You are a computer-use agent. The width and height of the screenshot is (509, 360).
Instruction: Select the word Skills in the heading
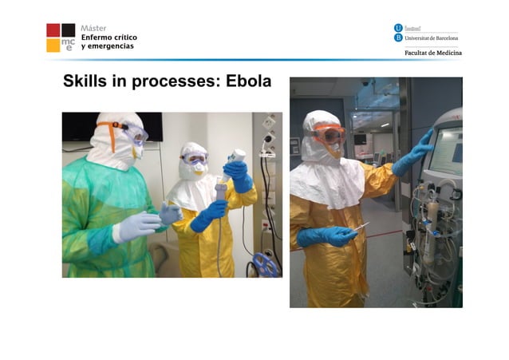tap(86, 82)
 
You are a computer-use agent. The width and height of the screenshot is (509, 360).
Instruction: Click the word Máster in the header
tap(93, 28)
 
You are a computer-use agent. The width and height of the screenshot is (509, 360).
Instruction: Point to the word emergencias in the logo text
tap(111, 46)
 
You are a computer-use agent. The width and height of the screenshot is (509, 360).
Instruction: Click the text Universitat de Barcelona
tap(432, 38)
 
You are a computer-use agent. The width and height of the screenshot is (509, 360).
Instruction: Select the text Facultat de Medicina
tap(431, 53)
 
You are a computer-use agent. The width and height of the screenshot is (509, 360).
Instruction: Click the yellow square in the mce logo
tap(53, 45)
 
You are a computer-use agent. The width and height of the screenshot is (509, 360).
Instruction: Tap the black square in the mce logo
tap(69, 30)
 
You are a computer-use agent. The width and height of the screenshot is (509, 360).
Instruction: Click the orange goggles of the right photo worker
tap(328, 133)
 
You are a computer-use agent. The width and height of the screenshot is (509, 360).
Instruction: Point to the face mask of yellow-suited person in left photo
tap(196, 169)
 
